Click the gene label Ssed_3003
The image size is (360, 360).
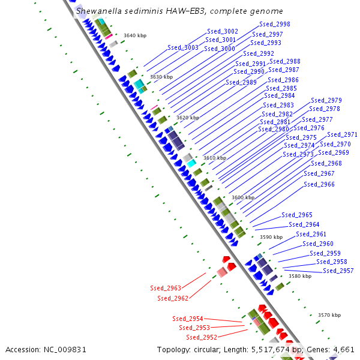click(x=183, y=47)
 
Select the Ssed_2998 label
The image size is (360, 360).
click(x=275, y=25)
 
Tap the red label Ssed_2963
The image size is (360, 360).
click(x=166, y=289)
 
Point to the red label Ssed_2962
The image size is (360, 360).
click(x=173, y=298)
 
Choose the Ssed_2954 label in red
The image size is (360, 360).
click(x=188, y=319)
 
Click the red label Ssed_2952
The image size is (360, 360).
click(x=202, y=337)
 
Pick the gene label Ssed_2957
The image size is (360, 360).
click(x=338, y=271)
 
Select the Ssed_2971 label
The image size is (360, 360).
click(x=342, y=135)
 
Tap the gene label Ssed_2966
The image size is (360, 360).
click(x=319, y=185)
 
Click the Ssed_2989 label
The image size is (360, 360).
click(x=241, y=83)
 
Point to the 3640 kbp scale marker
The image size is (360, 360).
click(x=135, y=35)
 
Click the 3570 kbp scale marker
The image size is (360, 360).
click(x=329, y=315)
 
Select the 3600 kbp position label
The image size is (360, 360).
click(x=243, y=197)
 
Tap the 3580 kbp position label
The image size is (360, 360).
click(x=300, y=277)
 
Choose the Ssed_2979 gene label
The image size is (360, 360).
click(x=326, y=101)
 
